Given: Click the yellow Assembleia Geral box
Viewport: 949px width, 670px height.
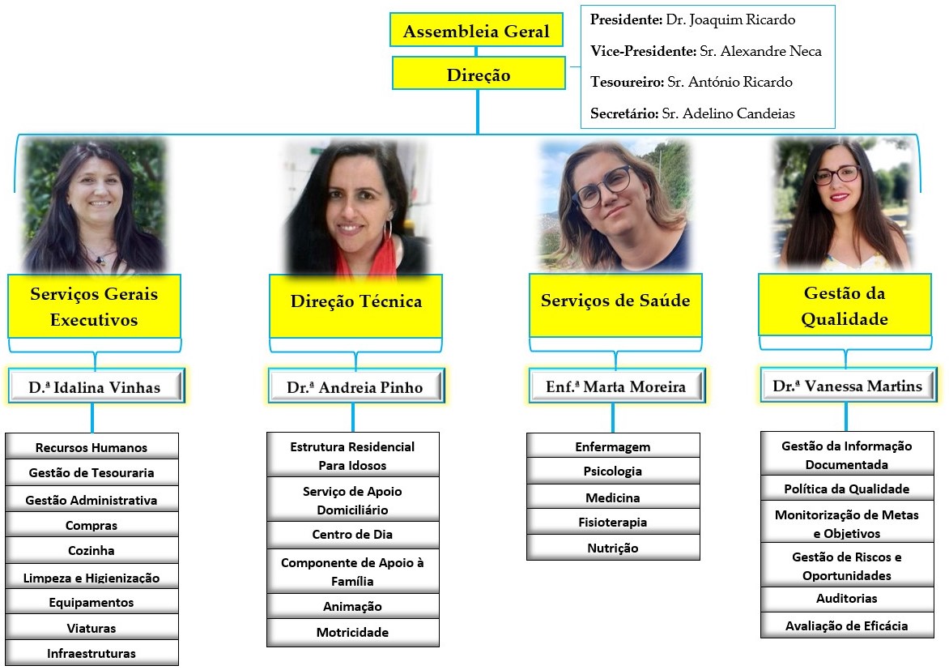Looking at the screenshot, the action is (x=476, y=30).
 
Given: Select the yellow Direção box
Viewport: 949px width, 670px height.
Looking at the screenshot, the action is (x=478, y=73).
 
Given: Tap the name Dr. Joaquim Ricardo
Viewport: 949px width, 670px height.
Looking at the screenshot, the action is (x=730, y=20).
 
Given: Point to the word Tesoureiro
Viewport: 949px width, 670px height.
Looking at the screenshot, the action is (x=627, y=82).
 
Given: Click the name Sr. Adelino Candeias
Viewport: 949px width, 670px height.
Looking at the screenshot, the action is (x=729, y=113).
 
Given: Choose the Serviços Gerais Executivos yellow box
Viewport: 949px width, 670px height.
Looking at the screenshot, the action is (x=95, y=306).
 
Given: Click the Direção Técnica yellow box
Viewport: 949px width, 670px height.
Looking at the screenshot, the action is (x=356, y=306).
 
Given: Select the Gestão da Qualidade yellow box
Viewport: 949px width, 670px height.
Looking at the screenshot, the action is (x=845, y=305).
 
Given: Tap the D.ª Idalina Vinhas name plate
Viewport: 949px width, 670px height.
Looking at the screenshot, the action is (x=95, y=386).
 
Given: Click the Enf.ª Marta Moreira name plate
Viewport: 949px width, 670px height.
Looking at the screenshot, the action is (x=616, y=386).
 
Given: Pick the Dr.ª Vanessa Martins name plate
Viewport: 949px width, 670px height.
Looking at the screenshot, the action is (x=847, y=384).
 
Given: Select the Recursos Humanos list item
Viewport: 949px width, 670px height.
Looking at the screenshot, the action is (x=92, y=446).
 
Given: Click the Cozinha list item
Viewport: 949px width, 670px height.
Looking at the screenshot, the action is (x=92, y=550).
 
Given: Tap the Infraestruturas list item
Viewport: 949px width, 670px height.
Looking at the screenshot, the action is (x=92, y=653).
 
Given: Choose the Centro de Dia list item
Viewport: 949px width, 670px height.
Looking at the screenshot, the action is (x=353, y=535).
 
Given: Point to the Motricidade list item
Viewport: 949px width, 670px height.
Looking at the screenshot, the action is (x=353, y=633).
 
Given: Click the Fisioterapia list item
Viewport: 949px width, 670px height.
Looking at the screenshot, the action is (x=613, y=523).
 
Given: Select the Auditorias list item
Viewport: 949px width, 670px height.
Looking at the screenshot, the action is (x=847, y=599).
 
